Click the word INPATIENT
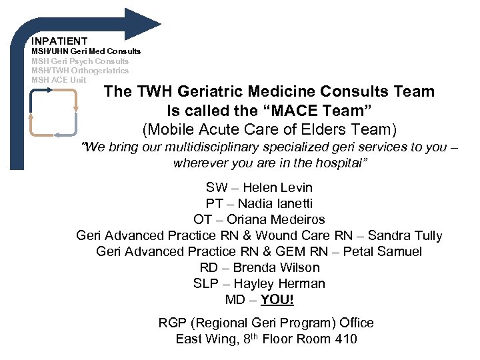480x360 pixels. pos(59,41)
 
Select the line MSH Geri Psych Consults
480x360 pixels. pos(80,61)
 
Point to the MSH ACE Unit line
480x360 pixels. pos(59,79)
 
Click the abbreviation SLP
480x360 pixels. pos(205,283)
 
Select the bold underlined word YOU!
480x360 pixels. pos(277,299)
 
